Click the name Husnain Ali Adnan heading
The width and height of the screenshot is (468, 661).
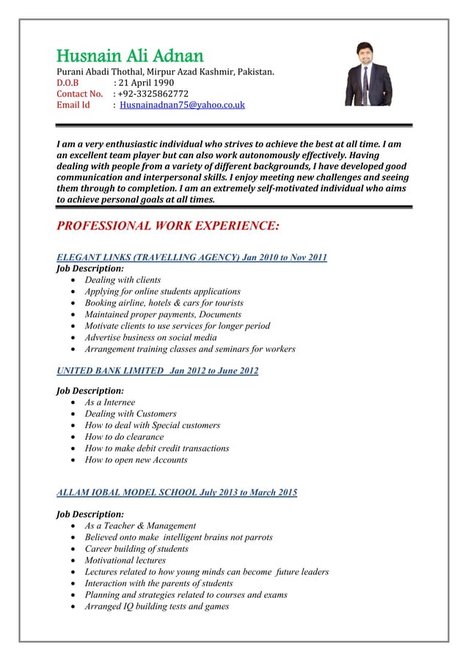130,56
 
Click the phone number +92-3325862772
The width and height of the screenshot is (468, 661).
153,94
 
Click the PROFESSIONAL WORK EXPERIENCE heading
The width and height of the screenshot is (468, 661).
168,225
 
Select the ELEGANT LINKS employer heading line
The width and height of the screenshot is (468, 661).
191,256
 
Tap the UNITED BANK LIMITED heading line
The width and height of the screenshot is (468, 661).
157,371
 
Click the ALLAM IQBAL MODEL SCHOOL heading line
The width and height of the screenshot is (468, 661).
177,492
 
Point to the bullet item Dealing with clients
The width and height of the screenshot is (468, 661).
123,280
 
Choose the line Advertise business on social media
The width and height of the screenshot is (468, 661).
150,337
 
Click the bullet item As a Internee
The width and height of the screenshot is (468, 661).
110,402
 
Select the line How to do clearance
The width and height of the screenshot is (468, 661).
124,437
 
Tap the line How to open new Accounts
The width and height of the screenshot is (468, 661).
136,459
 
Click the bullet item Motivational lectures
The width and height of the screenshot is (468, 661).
125,560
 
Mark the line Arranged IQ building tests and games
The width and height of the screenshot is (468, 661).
156,606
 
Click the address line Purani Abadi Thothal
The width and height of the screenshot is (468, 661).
166,72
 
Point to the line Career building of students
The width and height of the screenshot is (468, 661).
137,548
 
